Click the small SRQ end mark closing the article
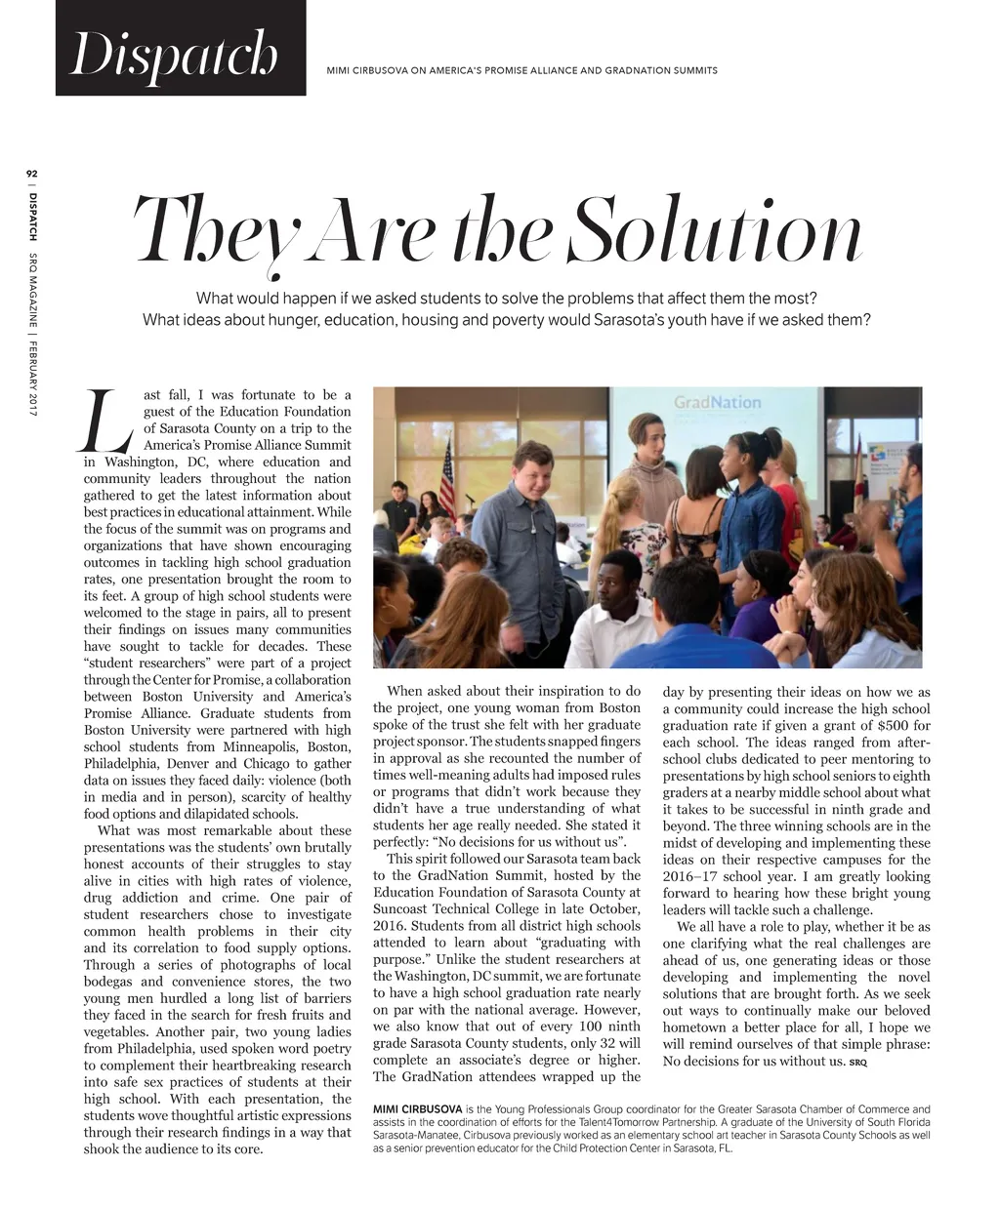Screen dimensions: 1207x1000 [x=858, y=1062]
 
